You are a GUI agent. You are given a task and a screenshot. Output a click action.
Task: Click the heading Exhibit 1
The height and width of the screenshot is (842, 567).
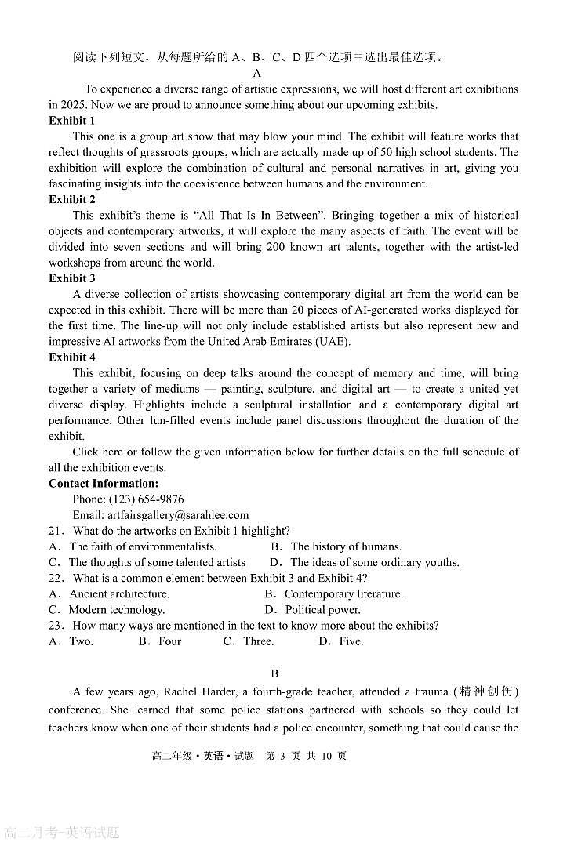click(72, 121)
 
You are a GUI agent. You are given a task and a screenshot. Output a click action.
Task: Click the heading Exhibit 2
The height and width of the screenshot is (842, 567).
click(72, 200)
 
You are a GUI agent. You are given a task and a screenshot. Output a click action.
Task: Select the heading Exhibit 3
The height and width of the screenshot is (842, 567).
click(72, 278)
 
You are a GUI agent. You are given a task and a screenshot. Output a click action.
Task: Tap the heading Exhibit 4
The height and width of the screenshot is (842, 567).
click(72, 357)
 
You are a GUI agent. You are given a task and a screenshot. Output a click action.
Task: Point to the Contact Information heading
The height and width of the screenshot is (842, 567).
click(104, 484)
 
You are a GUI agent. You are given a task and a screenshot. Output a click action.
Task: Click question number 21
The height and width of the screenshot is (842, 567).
click(56, 531)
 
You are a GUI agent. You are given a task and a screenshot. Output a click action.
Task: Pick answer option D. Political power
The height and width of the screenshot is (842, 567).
click(312, 610)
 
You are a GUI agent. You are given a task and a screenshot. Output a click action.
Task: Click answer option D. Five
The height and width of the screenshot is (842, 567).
click(341, 641)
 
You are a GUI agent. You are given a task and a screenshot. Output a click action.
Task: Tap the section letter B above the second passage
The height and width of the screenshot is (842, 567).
click(274, 673)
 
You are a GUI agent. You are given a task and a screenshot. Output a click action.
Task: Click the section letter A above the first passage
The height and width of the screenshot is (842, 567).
click(256, 74)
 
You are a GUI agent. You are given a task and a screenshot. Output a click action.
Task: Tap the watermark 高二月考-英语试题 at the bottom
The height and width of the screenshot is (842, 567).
click(63, 833)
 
